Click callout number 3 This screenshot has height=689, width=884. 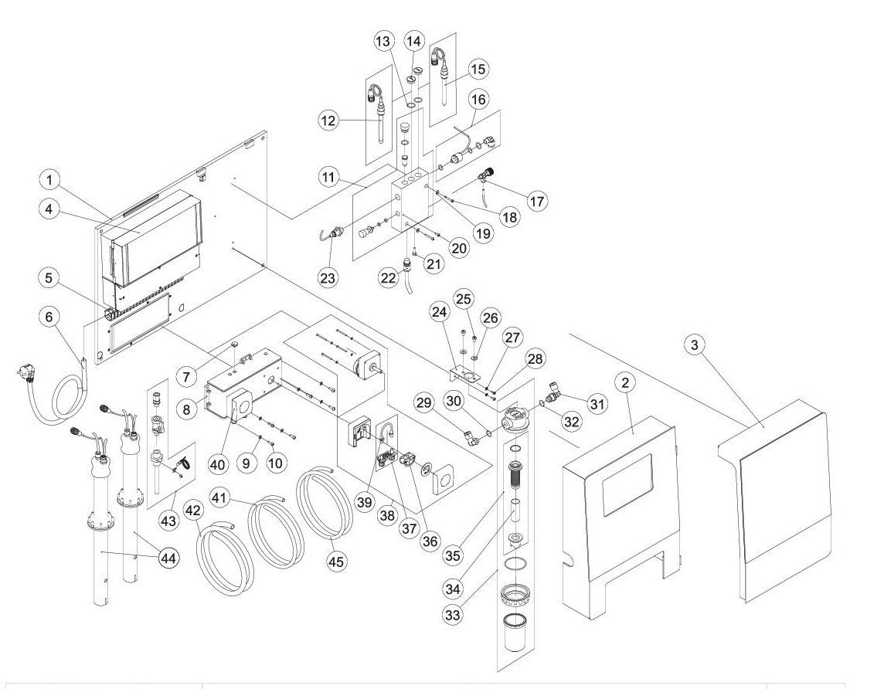(x=696, y=346)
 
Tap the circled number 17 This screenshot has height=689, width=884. (x=537, y=200)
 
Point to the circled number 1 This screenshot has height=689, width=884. (x=51, y=181)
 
